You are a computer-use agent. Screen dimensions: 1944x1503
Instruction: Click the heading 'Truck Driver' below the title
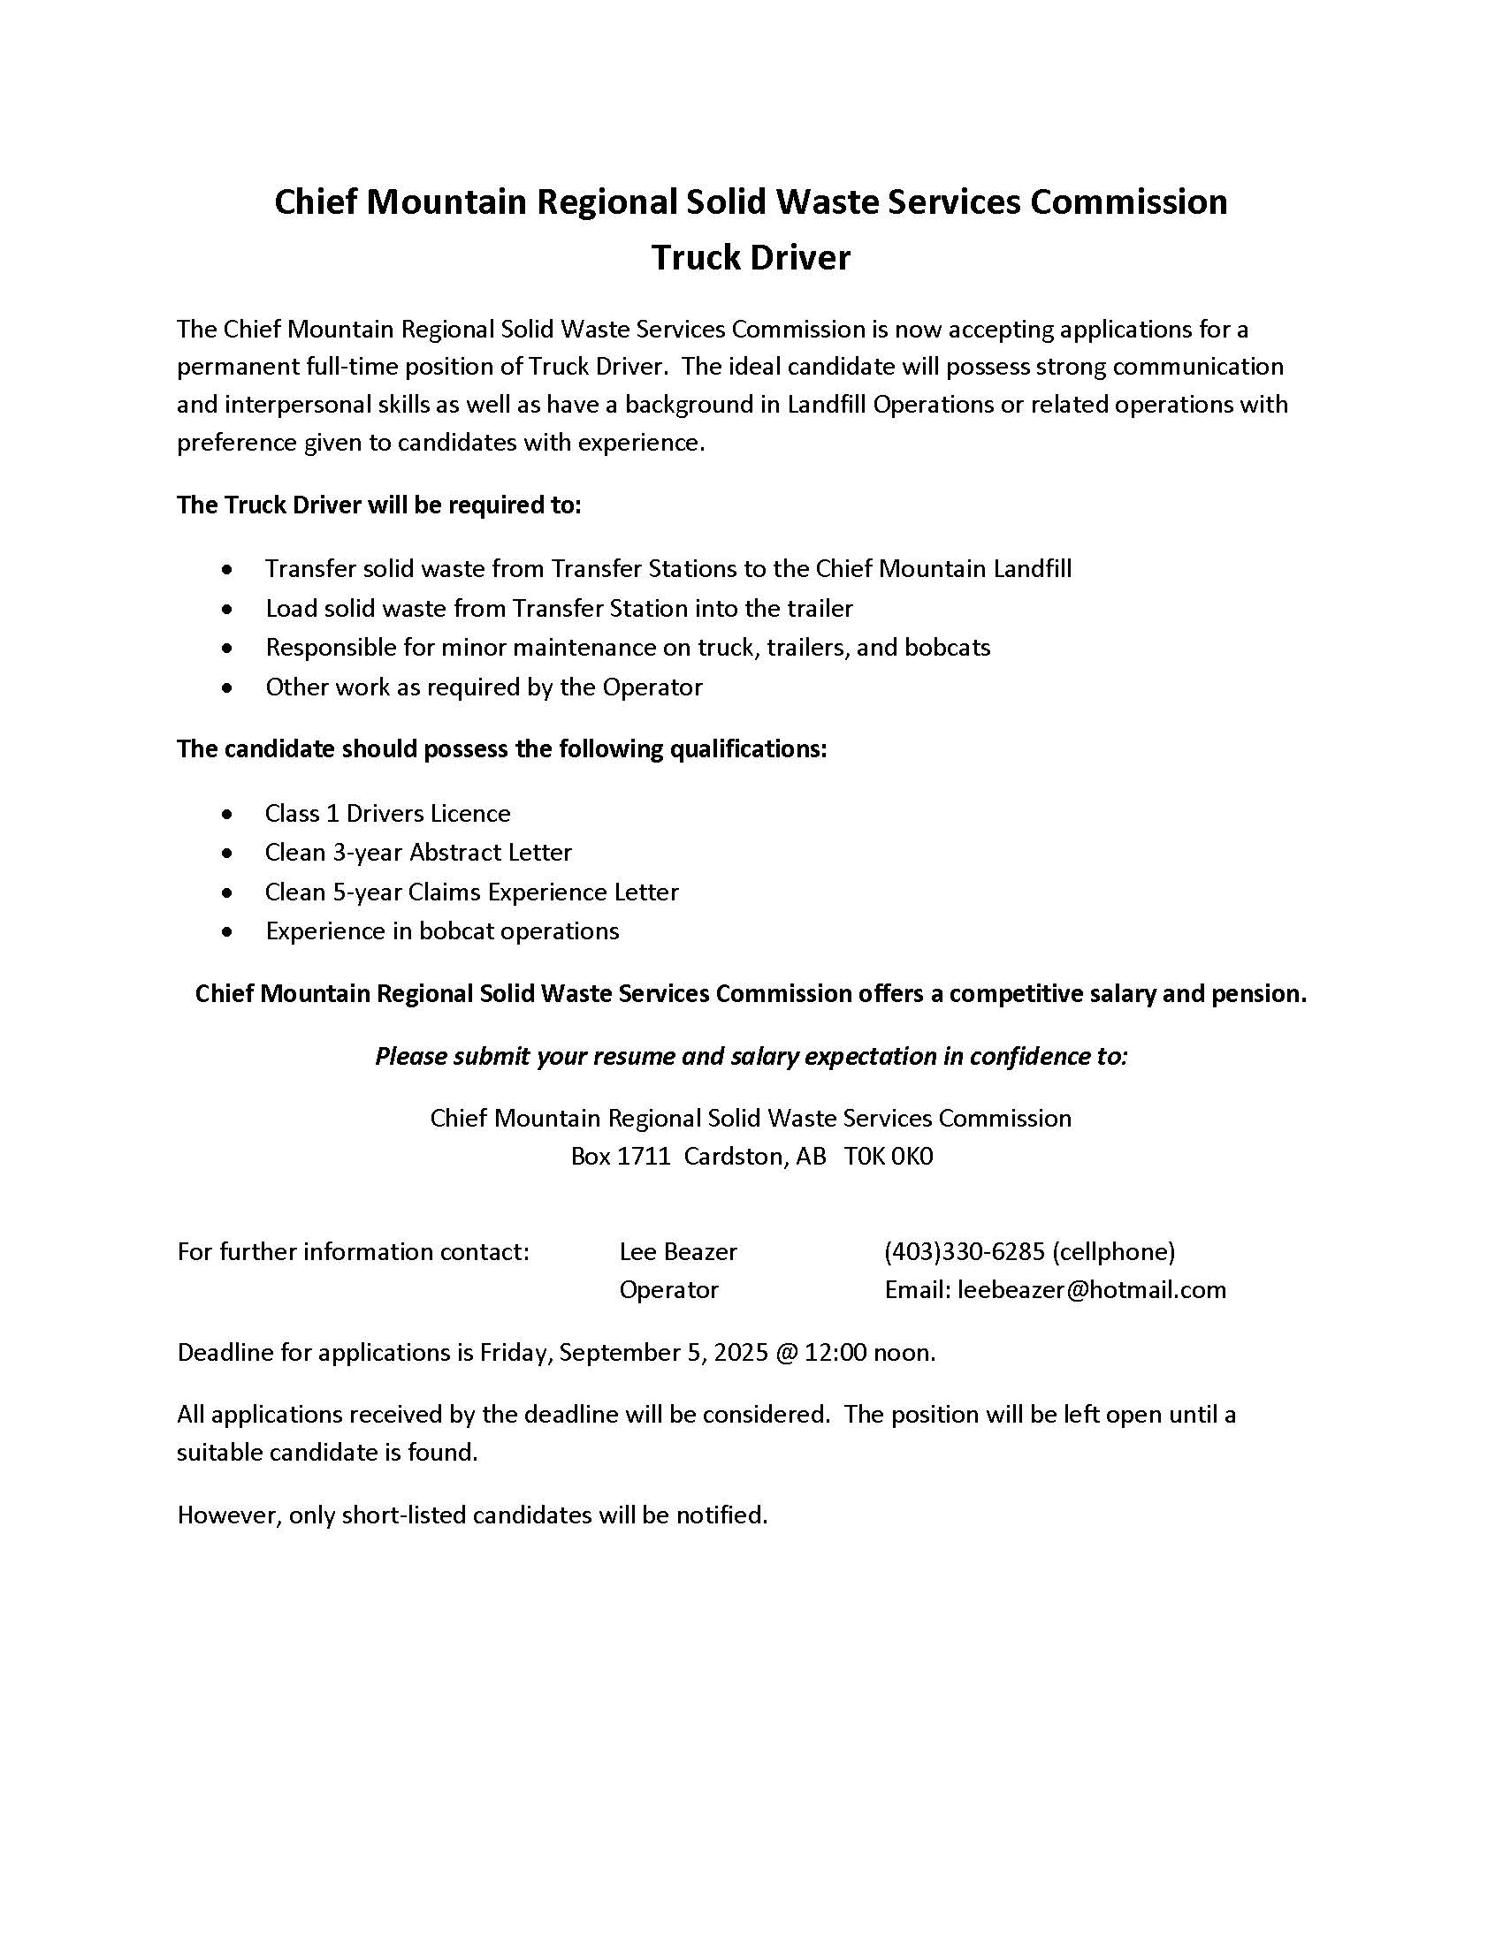[751, 258]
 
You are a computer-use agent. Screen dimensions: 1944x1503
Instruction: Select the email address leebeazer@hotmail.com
[1092, 1290]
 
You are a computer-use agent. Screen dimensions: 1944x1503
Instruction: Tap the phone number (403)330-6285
[965, 1251]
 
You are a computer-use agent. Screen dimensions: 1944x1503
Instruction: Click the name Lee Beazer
[677, 1251]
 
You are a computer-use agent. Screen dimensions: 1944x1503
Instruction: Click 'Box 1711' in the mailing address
[620, 1157]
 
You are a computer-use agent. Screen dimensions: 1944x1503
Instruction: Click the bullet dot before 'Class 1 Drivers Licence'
[229, 815]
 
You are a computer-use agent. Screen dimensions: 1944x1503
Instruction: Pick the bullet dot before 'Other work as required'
[229, 688]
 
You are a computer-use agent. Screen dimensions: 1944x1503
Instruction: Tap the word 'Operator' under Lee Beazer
[668, 1290]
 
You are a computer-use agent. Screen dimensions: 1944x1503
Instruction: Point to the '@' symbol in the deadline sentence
[786, 1353]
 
